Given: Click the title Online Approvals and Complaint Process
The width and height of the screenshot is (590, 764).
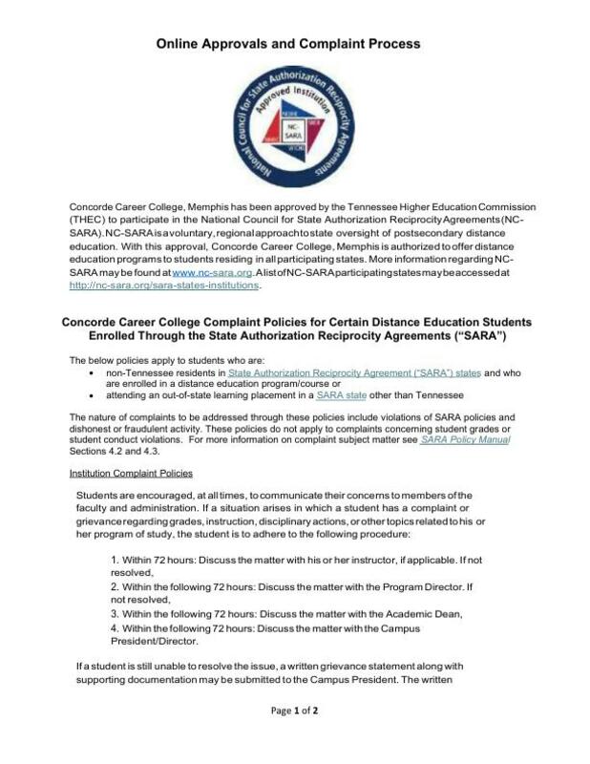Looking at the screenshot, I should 287,44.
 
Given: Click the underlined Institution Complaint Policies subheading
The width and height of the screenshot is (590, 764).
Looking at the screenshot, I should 132,473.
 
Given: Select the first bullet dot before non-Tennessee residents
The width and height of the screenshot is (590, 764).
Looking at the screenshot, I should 90,373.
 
